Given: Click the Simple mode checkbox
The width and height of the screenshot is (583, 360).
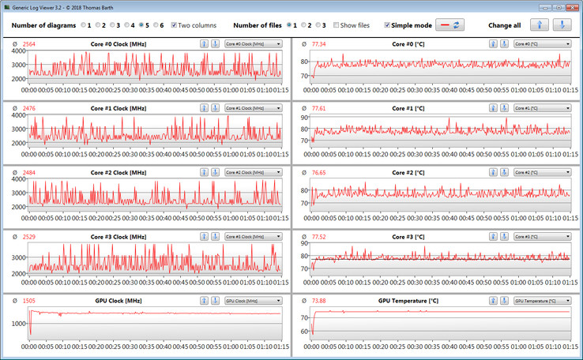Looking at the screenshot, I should pyautogui.click(x=386, y=25).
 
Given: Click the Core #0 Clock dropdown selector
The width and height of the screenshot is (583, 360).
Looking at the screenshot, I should pyautogui.click(x=253, y=43).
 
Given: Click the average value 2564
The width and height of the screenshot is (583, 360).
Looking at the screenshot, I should pyautogui.click(x=29, y=43).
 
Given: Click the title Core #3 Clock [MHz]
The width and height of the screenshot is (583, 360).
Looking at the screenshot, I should pyautogui.click(x=118, y=236).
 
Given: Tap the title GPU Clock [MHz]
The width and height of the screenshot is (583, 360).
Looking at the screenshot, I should pyautogui.click(x=118, y=301).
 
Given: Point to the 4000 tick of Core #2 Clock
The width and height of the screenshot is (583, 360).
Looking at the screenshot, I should pyautogui.click(x=18, y=181).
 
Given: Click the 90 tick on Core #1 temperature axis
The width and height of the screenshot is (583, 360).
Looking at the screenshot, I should pyautogui.click(x=304, y=117).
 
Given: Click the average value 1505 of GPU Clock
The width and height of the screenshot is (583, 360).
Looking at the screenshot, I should pyautogui.click(x=29, y=301).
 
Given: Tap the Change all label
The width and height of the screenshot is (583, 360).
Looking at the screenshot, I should pyautogui.click(x=504, y=25).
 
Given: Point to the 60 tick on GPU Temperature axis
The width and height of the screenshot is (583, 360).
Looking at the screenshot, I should pyautogui.click(x=304, y=332).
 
